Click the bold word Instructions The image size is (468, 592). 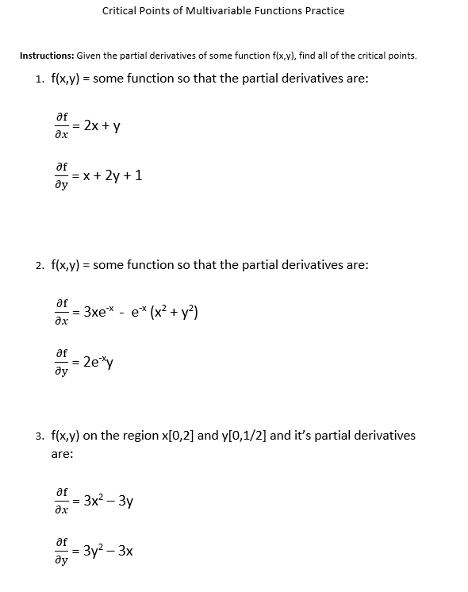(46, 56)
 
